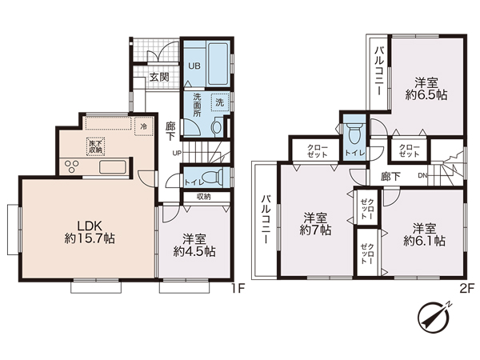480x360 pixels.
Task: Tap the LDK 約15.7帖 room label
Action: click(90, 232)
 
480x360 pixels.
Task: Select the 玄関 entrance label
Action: click(159, 77)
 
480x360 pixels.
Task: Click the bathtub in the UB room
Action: click(218, 65)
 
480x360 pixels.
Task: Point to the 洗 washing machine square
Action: click(219, 102)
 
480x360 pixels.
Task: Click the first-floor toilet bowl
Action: click(212, 177)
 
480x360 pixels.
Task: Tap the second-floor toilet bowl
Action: click(354, 133)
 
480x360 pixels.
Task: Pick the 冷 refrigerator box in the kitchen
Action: click(143, 126)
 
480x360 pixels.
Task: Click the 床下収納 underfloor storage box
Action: click(95, 146)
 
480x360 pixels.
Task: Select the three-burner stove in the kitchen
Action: click(72, 167)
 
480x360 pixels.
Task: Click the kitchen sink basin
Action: click(112, 167)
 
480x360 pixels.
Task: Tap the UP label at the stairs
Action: click(177, 153)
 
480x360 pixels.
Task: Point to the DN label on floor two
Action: click(422, 176)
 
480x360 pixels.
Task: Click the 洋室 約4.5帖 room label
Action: click(194, 245)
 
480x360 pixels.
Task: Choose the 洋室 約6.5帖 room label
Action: click(426, 89)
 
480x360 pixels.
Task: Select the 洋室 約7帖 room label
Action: click(315, 224)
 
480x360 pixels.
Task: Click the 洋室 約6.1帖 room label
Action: click(424, 234)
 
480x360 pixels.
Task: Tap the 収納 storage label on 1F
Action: click(203, 197)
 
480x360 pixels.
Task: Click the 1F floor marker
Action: click(238, 288)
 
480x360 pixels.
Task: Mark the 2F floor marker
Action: click(467, 288)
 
